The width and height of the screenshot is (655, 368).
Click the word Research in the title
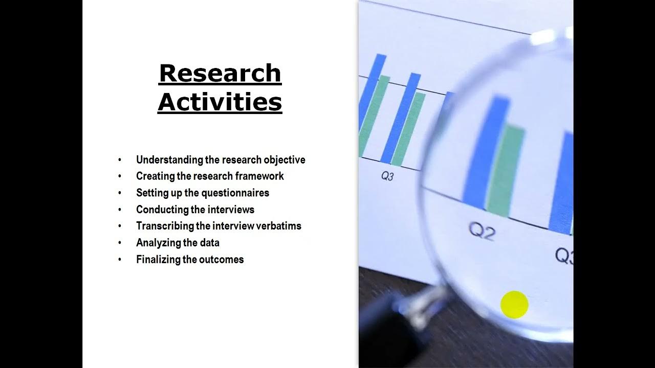coord(220,73)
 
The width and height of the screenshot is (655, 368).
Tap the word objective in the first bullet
coord(284,160)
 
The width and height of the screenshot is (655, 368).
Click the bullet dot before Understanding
coord(120,160)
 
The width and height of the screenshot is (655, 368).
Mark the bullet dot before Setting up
coord(120,193)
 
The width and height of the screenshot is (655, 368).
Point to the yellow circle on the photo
coord(514,305)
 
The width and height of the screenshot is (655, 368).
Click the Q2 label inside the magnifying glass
coord(482,232)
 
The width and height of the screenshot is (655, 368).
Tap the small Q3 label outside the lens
coord(387,176)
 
